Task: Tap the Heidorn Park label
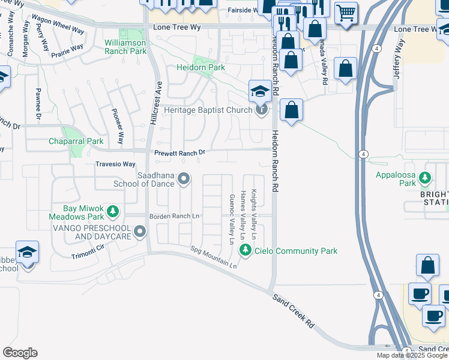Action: click(200, 67)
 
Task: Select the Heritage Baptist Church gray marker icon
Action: click(261, 110)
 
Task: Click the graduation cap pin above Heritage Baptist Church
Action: click(260, 91)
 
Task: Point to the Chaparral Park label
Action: click(76, 142)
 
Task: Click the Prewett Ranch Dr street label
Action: click(179, 153)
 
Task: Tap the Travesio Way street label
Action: click(115, 164)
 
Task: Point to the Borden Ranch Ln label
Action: click(178, 215)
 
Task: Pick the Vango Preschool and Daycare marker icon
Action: click(140, 231)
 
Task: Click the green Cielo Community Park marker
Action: click(245, 251)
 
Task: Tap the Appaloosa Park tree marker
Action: click(425, 178)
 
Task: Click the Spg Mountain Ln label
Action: click(213, 256)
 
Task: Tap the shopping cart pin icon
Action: click(346, 12)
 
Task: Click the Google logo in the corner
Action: click(20, 353)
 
